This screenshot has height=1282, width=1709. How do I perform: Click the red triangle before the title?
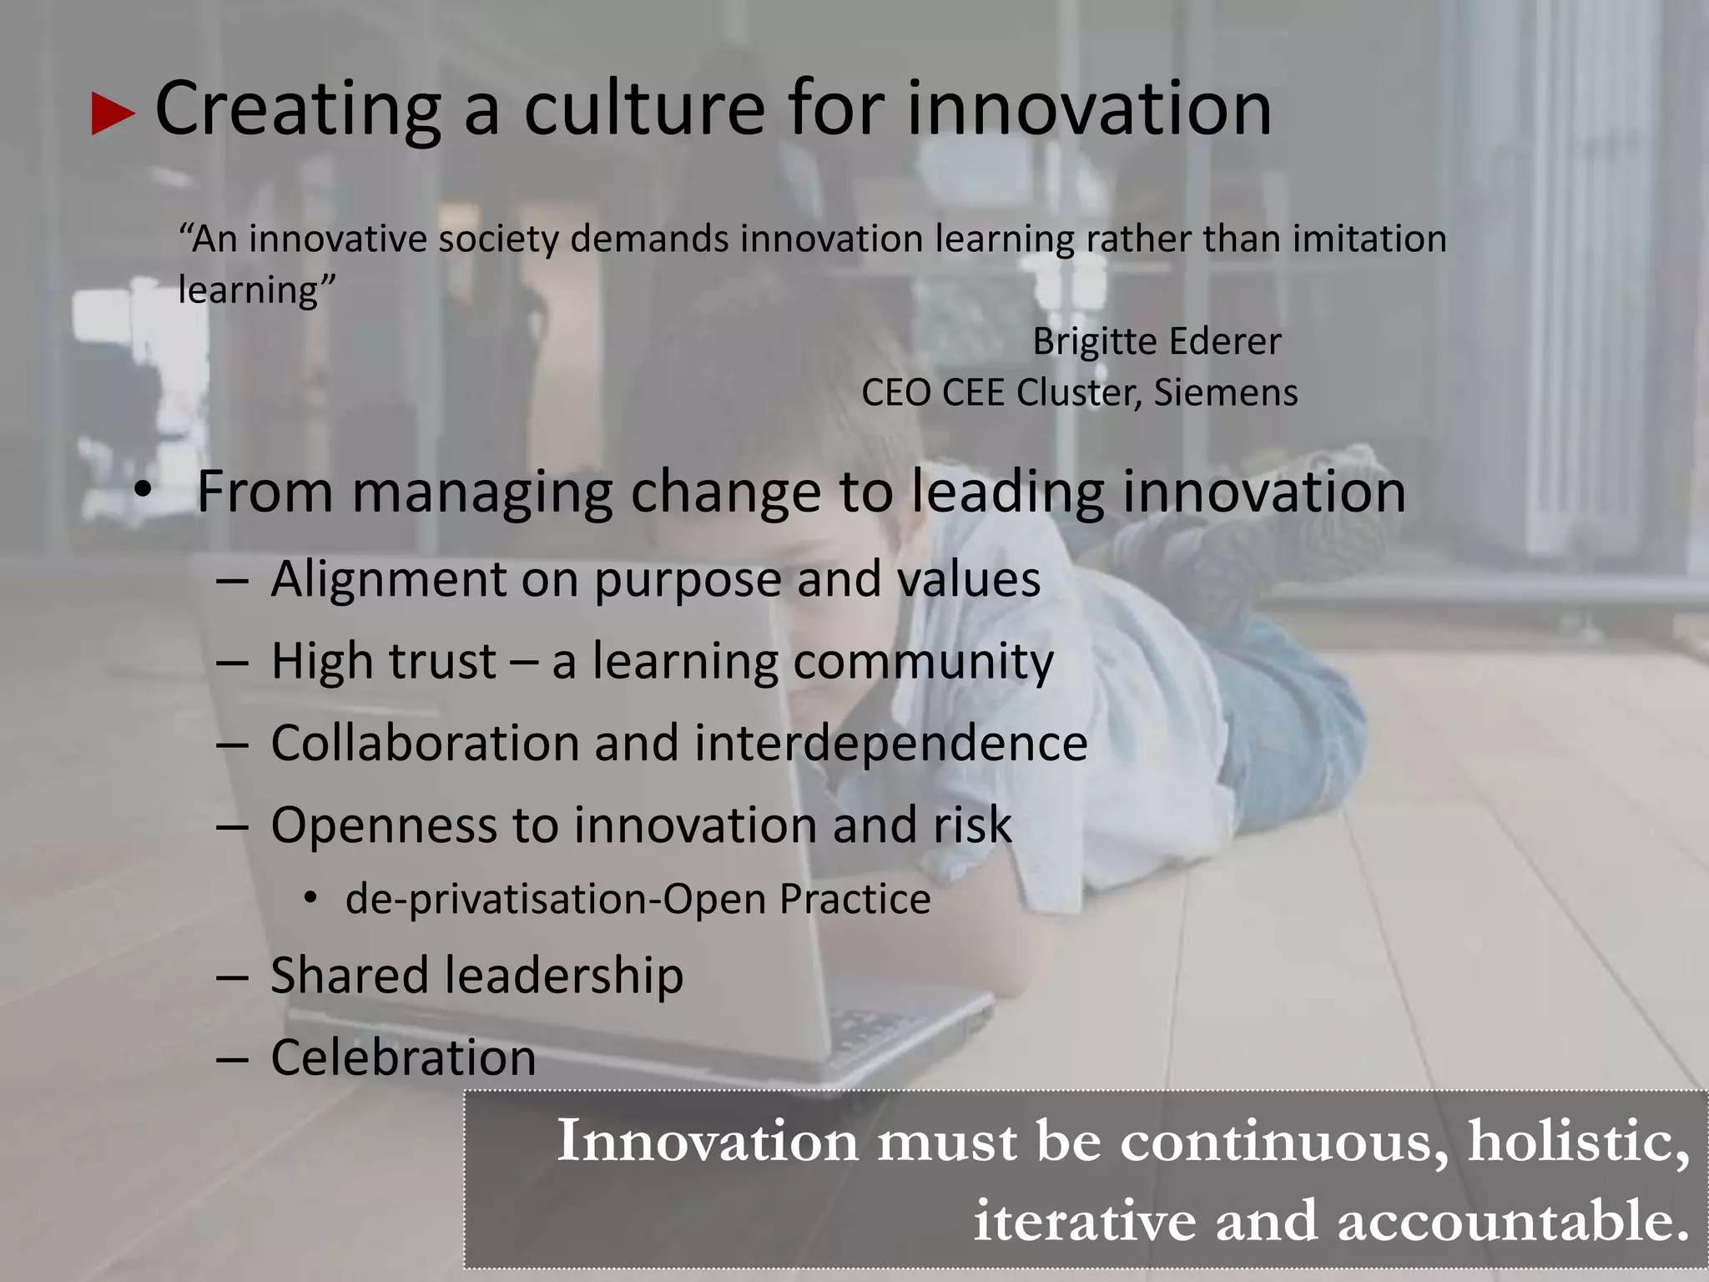click(113, 114)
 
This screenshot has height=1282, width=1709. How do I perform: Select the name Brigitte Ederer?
click(1157, 341)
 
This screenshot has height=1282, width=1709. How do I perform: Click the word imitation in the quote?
click(1369, 240)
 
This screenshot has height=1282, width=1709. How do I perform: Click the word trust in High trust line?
click(441, 662)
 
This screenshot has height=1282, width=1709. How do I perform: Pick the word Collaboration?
click(425, 743)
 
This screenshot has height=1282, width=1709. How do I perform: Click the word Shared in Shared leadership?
click(349, 975)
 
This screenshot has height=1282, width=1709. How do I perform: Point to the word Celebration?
click(403, 1057)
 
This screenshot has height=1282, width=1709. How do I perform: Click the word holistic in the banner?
click(1578, 1141)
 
